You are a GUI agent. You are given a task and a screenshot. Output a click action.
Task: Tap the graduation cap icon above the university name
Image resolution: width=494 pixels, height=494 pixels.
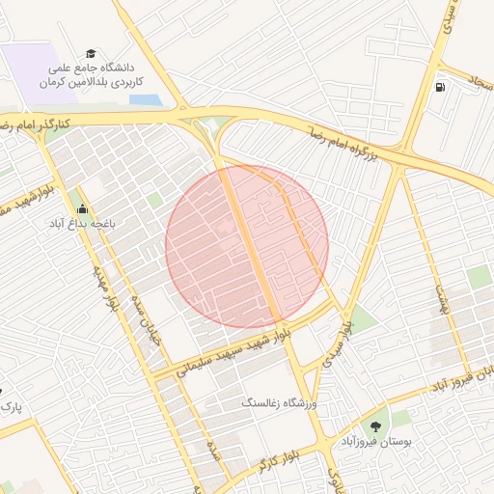point(91,54)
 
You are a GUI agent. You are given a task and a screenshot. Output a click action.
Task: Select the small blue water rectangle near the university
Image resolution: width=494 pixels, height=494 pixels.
point(144,98)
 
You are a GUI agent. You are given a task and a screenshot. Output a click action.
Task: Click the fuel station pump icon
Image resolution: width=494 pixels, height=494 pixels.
point(441,88)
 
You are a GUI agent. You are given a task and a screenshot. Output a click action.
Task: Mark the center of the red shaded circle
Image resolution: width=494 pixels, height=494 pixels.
point(247,245)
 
